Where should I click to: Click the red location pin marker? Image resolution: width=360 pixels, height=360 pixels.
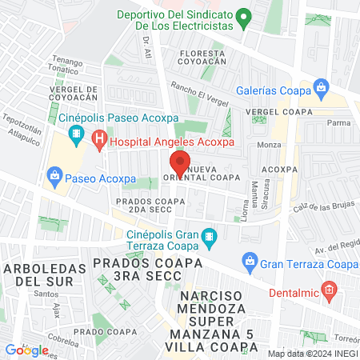[180, 163]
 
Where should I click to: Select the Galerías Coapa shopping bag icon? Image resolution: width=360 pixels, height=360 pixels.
[321, 86]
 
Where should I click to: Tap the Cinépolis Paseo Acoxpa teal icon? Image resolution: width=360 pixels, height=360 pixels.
[77, 134]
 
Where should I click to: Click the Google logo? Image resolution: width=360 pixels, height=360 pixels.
[26, 350]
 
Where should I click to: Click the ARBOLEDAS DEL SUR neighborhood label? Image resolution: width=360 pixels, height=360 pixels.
[41, 274]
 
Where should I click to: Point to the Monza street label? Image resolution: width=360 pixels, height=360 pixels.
[270, 145]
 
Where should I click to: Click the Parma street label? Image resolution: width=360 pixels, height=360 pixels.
[339, 122]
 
